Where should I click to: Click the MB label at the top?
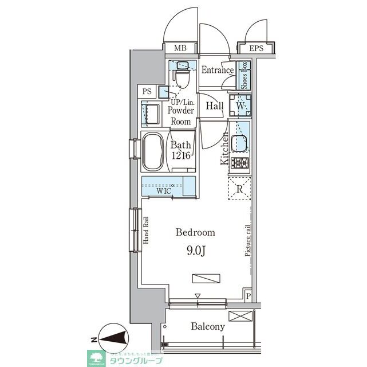click(179, 49)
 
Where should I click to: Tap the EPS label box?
click(256, 49)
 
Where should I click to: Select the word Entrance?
click(218, 71)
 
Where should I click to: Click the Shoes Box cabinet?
click(243, 76)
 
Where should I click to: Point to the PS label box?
click(147, 91)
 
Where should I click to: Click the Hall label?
click(215, 106)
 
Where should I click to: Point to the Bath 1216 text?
click(180, 151)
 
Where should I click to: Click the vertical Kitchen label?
click(225, 148)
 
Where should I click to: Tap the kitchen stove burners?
click(240, 163)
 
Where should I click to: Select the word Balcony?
click(208, 327)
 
